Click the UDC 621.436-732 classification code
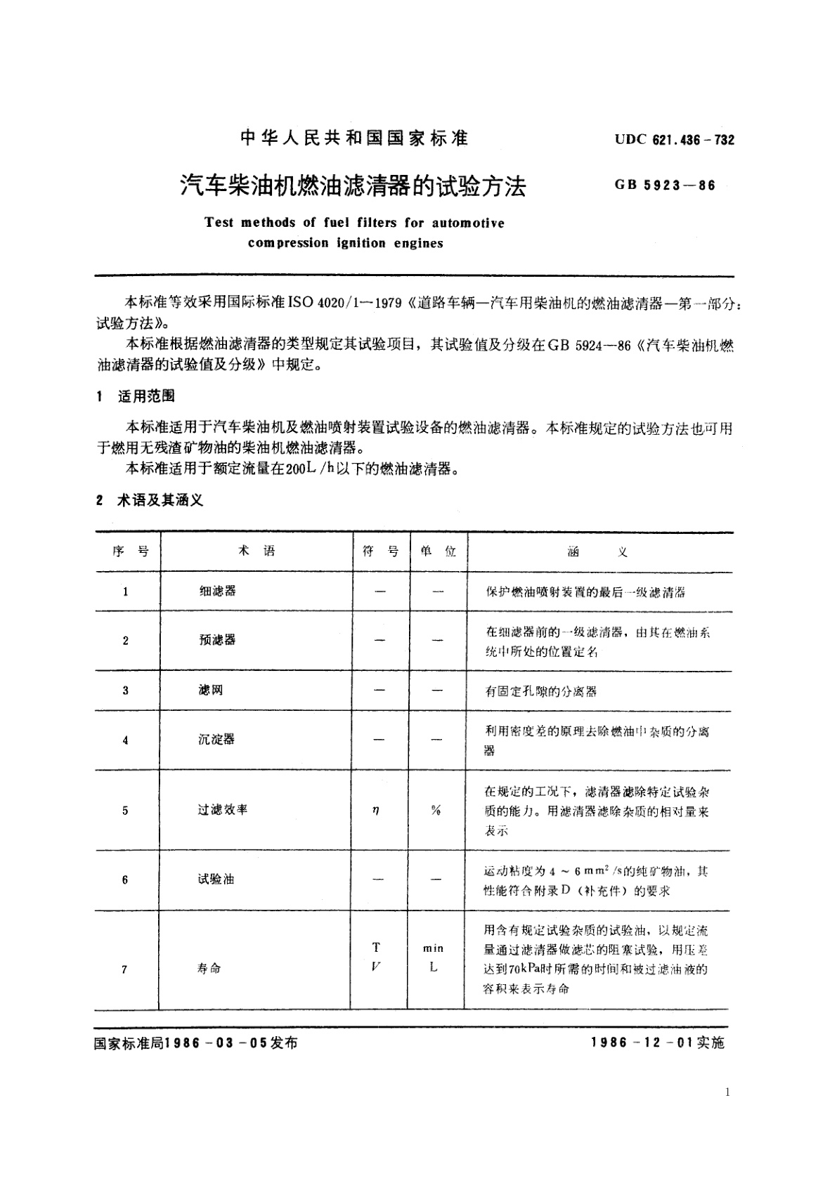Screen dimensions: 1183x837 [675, 140]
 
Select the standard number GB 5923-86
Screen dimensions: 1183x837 [665, 186]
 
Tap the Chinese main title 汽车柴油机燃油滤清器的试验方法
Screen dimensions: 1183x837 [353, 185]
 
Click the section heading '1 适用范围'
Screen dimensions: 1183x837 [136, 396]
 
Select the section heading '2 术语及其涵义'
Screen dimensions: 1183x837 [150, 501]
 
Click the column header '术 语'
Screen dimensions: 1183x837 [257, 551]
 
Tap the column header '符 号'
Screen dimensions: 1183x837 [380, 551]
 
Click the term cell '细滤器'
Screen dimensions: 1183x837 [217, 591]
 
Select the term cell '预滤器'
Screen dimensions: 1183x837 [217, 640]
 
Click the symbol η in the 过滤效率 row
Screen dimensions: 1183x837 [376, 810]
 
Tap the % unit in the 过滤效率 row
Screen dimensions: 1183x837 [436, 810]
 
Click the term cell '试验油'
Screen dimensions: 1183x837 [216, 879]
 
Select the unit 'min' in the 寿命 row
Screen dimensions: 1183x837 [433, 948]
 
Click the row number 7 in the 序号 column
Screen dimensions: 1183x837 [124, 969]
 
